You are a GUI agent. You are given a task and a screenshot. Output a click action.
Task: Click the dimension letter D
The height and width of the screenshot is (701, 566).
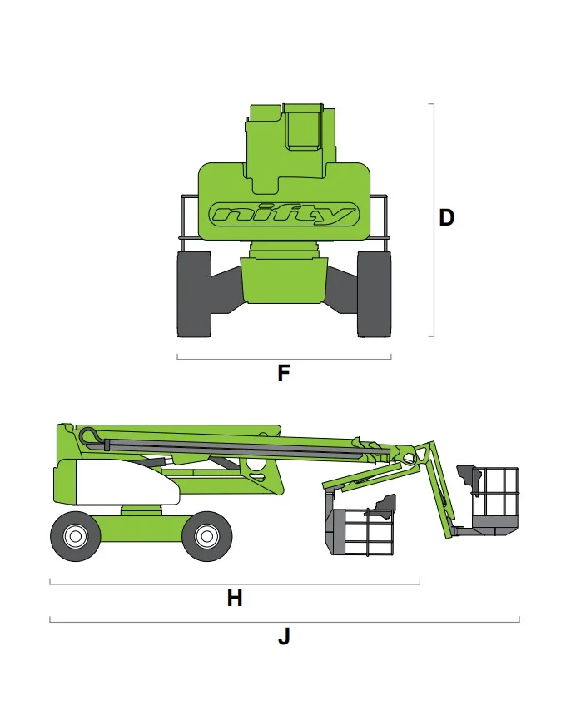(447, 218)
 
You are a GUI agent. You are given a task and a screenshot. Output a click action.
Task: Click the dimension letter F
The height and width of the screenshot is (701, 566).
(284, 374)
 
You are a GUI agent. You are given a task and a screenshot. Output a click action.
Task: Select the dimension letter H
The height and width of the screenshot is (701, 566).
(235, 598)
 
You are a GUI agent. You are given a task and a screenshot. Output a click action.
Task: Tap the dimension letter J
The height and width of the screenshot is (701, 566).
(284, 638)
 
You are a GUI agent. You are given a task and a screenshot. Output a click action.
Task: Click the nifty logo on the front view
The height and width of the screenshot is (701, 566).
(284, 215)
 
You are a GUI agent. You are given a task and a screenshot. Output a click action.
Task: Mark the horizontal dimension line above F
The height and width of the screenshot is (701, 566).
(284, 359)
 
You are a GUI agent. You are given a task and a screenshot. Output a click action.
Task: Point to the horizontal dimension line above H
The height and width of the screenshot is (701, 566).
(235, 584)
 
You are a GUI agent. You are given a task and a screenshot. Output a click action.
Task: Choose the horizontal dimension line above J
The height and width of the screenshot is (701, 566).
(284, 621)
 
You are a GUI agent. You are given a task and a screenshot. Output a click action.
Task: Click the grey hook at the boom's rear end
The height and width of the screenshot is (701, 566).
(90, 435)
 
